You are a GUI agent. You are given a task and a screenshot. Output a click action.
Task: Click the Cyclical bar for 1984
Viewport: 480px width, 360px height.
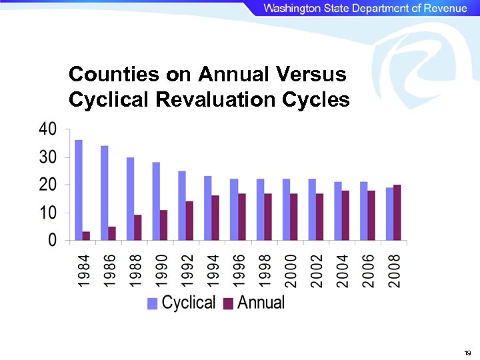(79, 190)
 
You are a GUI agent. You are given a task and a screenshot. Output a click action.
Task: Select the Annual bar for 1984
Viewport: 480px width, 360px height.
(87, 236)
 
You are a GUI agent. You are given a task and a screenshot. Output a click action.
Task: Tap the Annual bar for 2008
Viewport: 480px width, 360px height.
(397, 213)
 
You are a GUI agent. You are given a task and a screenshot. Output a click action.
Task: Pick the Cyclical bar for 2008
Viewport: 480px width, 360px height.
(389, 214)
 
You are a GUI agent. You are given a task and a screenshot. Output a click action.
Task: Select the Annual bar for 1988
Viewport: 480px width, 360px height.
(138, 227)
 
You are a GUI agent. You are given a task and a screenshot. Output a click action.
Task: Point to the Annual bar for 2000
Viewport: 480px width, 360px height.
(294, 217)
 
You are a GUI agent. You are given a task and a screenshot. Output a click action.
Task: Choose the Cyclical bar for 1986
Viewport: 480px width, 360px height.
(105, 193)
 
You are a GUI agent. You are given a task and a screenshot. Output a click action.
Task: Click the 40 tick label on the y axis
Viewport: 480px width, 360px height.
(47, 129)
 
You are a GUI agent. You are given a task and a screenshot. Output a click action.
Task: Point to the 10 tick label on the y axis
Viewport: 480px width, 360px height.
(47, 213)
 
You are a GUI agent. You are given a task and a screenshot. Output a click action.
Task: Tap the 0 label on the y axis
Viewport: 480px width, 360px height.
(51, 240)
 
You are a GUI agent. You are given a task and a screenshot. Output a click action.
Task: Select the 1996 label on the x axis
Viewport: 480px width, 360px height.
(239, 271)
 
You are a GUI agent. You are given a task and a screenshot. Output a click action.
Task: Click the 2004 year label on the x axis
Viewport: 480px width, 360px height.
(343, 271)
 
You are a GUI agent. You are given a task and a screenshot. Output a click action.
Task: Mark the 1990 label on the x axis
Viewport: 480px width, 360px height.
(161, 271)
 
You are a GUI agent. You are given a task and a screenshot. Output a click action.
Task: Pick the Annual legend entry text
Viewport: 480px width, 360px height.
(261, 303)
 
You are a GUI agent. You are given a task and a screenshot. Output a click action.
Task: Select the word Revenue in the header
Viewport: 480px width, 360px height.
(441, 8)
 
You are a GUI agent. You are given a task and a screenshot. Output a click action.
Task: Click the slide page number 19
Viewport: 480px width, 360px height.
(467, 353)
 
